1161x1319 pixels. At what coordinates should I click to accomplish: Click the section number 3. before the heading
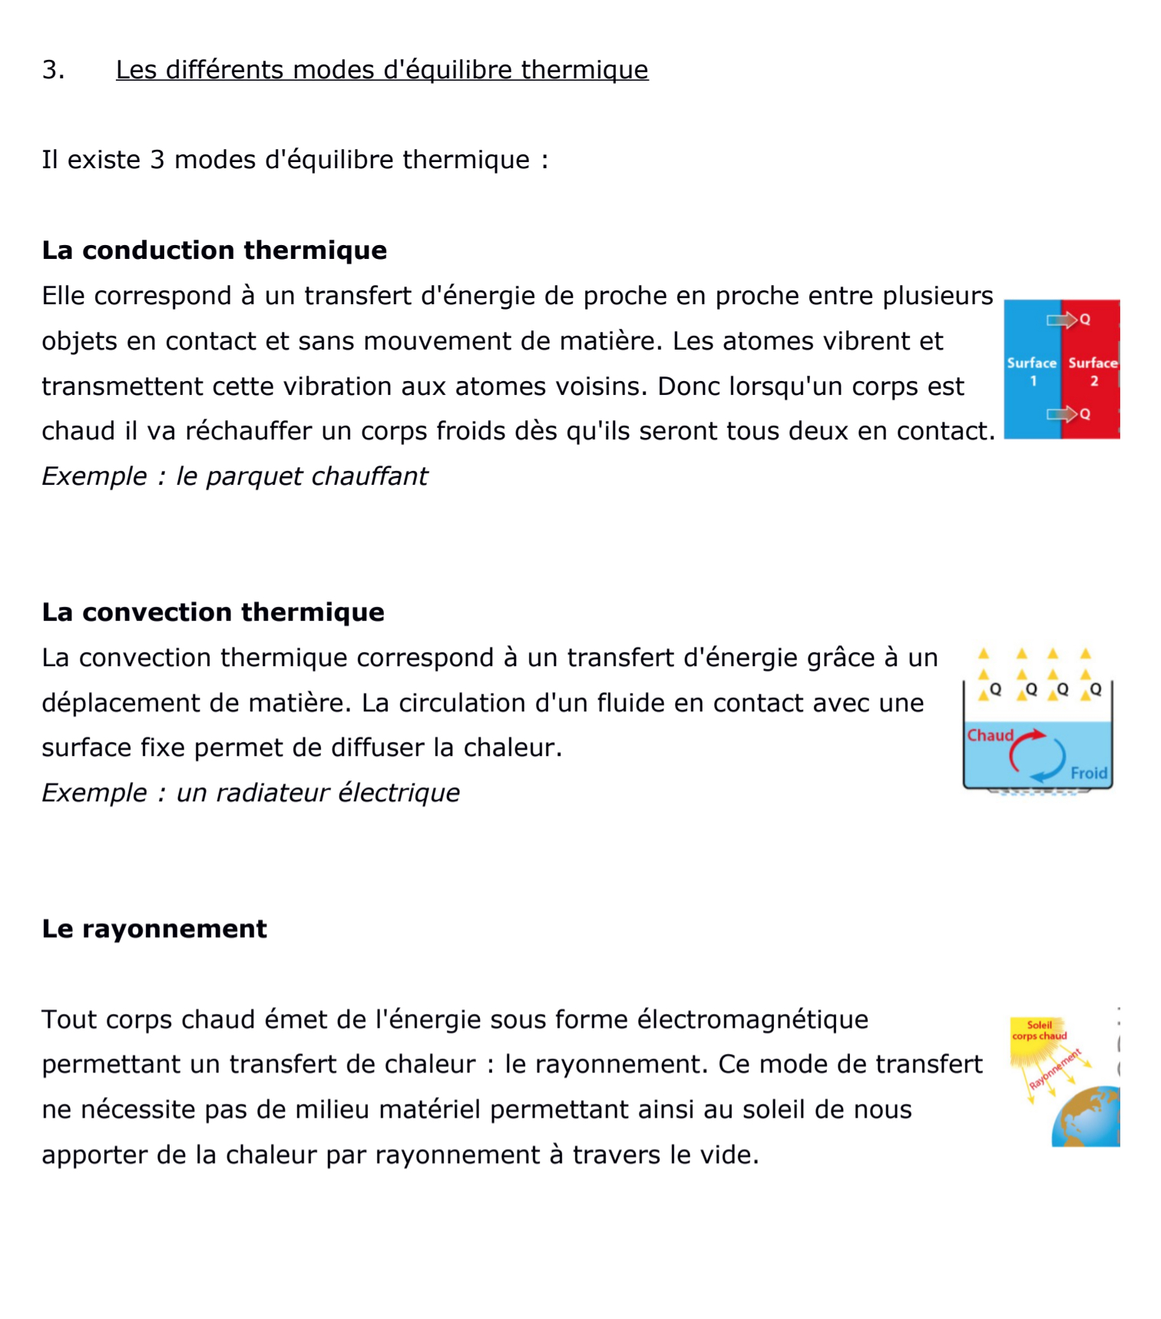[53, 70]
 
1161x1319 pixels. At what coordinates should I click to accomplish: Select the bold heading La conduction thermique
[214, 250]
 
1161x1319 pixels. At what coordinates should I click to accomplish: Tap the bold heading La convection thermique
[213, 612]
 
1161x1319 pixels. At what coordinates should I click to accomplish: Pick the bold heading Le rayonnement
[154, 929]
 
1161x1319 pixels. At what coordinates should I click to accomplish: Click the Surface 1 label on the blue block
[1032, 371]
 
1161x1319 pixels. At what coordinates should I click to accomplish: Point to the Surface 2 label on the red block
[1093, 371]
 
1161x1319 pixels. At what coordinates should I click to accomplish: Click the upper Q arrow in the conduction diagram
[1067, 320]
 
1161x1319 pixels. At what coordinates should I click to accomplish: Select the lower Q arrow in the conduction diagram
[1067, 414]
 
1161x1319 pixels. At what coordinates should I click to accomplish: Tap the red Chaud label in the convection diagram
[990, 735]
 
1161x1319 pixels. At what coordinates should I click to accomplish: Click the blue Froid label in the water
[1089, 773]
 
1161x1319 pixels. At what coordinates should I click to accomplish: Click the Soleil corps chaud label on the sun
[1039, 1030]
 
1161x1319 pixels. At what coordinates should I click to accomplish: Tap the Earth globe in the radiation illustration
[1089, 1118]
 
